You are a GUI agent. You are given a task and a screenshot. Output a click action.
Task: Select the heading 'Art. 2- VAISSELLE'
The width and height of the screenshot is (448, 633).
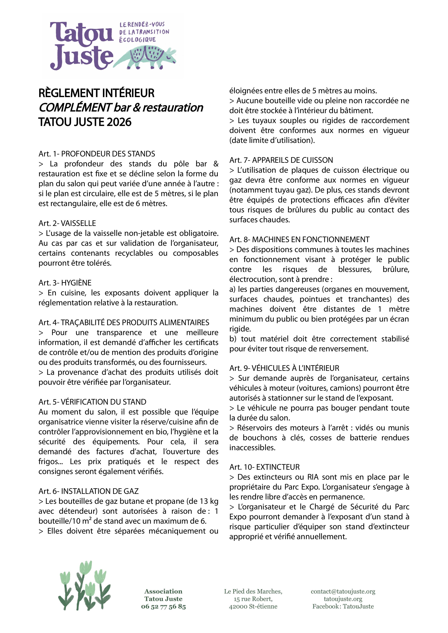coord(67,223)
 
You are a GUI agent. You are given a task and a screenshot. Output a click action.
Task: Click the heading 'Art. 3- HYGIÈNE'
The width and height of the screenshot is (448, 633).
coord(65,283)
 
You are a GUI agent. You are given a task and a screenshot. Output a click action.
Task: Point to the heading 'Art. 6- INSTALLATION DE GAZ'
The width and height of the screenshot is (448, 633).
coord(88,491)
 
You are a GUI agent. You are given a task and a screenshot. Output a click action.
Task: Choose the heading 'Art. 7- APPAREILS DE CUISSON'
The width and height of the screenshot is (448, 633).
coord(281,160)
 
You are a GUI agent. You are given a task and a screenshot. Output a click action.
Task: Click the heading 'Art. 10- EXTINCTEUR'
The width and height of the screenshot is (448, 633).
coord(265,467)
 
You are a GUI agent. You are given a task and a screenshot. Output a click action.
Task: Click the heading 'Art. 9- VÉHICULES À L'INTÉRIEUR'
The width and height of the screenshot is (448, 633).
coord(284,368)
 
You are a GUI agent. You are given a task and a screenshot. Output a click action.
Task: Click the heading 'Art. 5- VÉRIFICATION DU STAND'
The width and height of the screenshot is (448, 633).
coord(92,402)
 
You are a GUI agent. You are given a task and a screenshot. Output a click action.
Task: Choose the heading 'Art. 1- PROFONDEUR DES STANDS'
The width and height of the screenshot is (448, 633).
coord(97,154)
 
